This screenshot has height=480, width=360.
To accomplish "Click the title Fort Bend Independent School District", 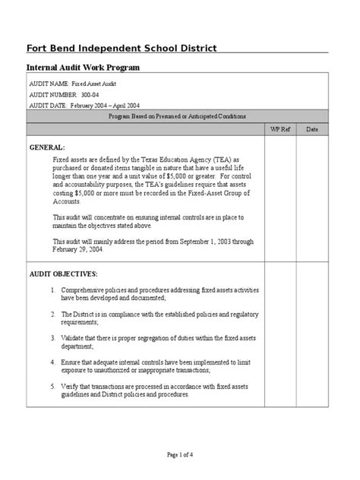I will (x=122, y=49).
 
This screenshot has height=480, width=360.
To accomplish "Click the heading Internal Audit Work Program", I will (x=84, y=68).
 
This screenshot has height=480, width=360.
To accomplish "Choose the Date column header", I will (x=311, y=130).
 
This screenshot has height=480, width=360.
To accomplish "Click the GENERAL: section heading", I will (x=47, y=146).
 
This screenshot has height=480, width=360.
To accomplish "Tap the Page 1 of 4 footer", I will (x=179, y=454).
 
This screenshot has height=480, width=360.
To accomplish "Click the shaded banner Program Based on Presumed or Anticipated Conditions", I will (x=177, y=115).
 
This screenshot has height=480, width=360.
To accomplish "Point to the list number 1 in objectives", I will (x=53, y=291).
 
